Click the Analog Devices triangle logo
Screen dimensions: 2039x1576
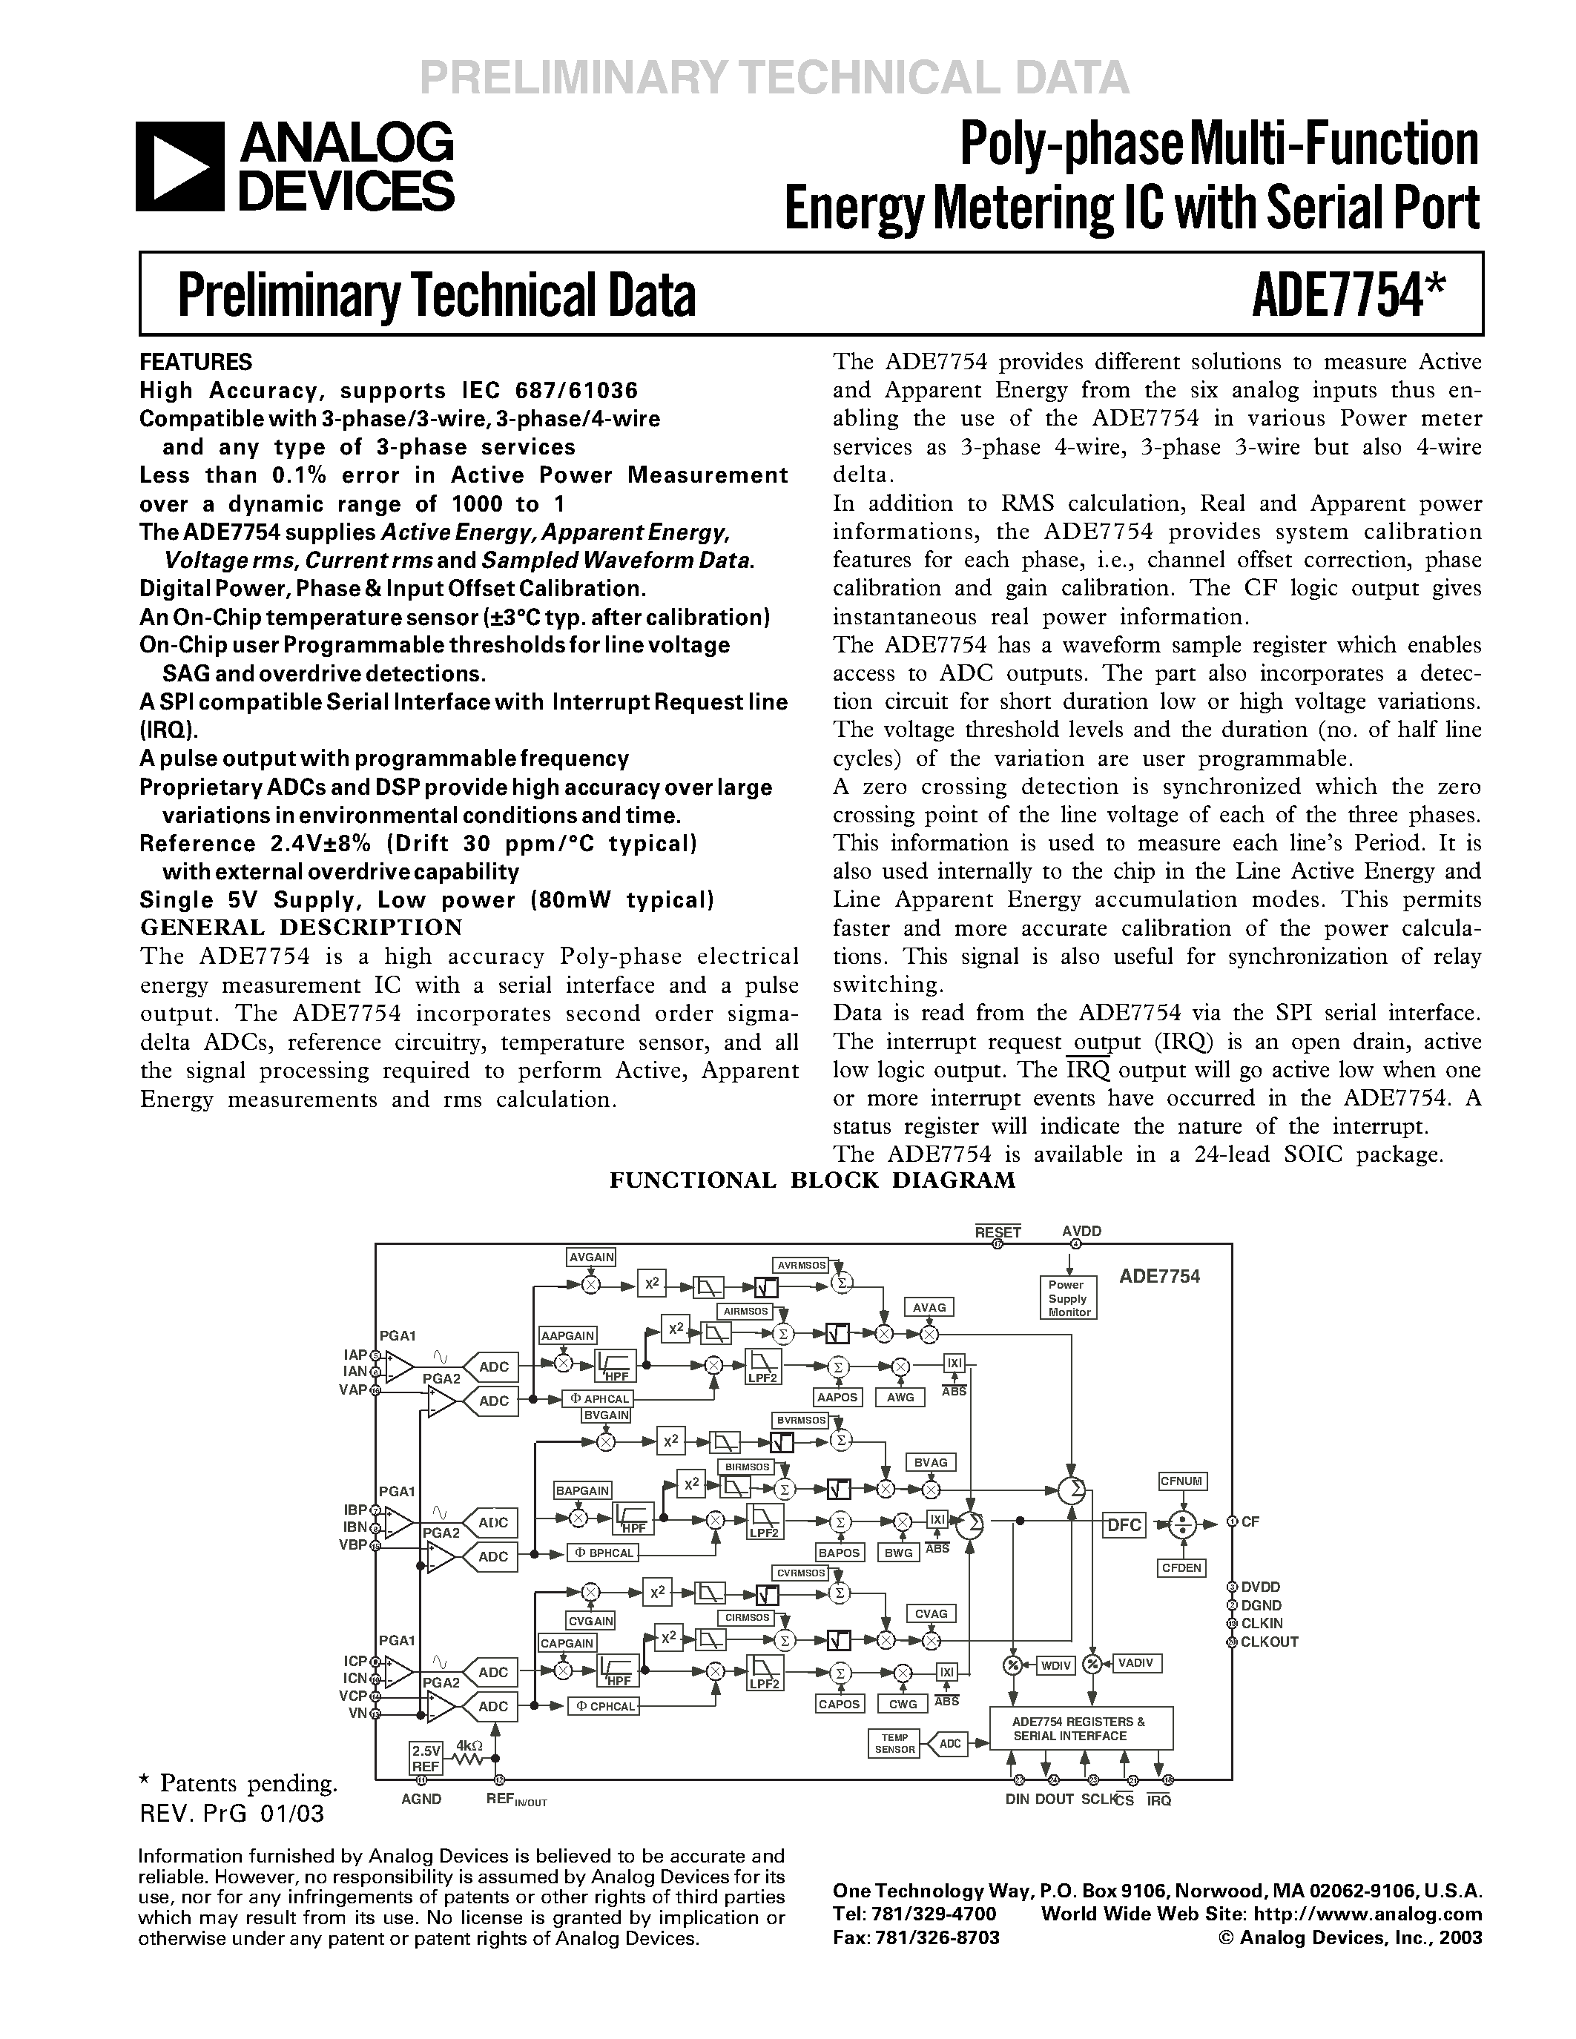click(x=180, y=167)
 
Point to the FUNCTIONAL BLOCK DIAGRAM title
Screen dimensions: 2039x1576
click(x=811, y=1180)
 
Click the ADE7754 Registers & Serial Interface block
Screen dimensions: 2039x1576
click(x=1081, y=1729)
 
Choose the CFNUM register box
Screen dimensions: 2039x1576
click(x=1182, y=1481)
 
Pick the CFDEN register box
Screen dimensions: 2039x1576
click(x=1182, y=1568)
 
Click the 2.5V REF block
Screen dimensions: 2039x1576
click(x=426, y=1759)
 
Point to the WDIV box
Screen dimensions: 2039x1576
click(x=1055, y=1665)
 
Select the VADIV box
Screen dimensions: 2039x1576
click(x=1135, y=1664)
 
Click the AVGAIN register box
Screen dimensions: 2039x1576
click(x=591, y=1258)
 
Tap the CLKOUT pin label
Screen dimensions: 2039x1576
click(x=1269, y=1642)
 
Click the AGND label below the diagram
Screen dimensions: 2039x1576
click(x=421, y=1799)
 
